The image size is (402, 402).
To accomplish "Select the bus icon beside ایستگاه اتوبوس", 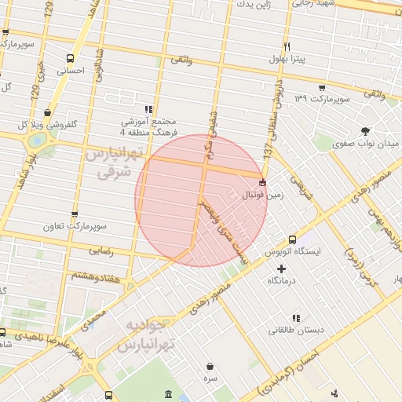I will [x=292, y=239].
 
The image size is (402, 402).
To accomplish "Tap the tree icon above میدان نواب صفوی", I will [x=364, y=131].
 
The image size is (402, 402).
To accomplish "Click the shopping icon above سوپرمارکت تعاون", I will [x=75, y=214].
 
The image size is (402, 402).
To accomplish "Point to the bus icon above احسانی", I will [x=71, y=59].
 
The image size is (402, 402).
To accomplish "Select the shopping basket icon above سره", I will [x=210, y=366].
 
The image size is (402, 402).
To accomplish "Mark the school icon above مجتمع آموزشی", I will [x=149, y=109].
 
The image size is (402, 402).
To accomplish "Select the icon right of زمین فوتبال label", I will [x=261, y=182].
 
